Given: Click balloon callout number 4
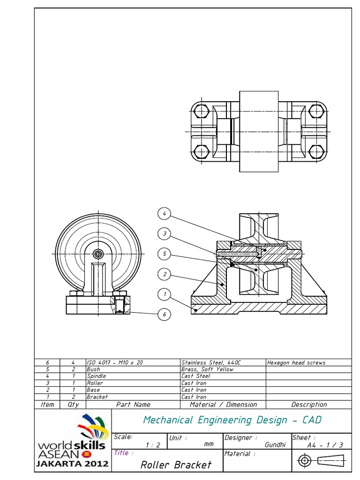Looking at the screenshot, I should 164,214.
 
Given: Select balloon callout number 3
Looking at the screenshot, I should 164,234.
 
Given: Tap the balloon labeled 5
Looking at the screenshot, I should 164,254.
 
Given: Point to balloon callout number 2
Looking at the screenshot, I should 164,274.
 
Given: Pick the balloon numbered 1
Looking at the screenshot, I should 164,294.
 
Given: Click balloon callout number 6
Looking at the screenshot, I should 164,315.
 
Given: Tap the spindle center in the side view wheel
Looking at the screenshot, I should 98,254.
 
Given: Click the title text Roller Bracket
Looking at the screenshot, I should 176,465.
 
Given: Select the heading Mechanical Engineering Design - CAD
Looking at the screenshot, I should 232,420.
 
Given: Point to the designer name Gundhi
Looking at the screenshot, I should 275,445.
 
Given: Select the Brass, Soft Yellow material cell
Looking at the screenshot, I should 207,369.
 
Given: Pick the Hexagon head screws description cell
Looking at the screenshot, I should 296,362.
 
